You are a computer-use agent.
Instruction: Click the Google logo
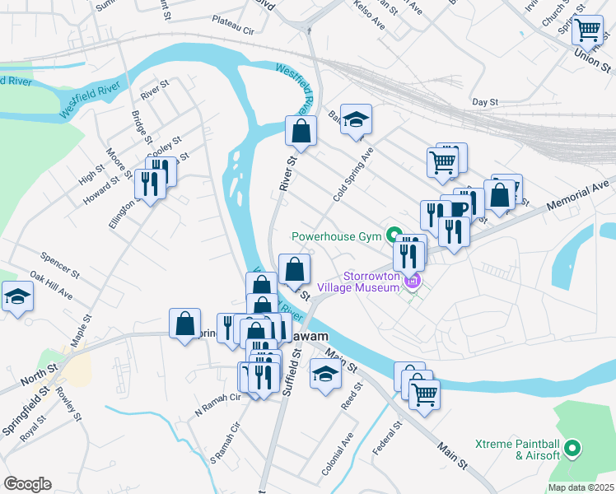[x=27, y=484]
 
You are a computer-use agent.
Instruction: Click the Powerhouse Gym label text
[x=337, y=236]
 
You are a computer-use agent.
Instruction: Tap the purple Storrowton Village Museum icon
[x=413, y=282]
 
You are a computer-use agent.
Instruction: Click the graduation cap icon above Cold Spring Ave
[x=356, y=120]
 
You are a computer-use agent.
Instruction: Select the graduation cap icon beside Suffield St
[x=325, y=374]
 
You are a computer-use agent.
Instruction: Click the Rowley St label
[x=69, y=405]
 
